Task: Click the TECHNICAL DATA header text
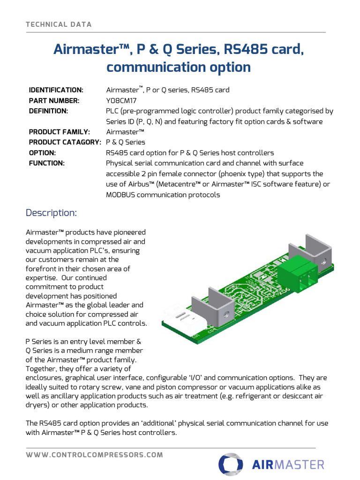tap(59, 24)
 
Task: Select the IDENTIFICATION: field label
tap(56, 90)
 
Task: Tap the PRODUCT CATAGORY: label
tap(65, 142)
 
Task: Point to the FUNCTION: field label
tap(47, 163)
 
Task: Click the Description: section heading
tap(51, 213)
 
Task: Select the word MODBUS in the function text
tap(122, 195)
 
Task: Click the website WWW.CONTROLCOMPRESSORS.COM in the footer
tap(95, 455)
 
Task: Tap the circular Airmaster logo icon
tap(231, 465)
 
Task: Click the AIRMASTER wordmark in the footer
tap(288, 465)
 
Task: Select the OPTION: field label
tap(42, 153)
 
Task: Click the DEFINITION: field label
tap(49, 111)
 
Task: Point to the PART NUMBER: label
tap(54, 101)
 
